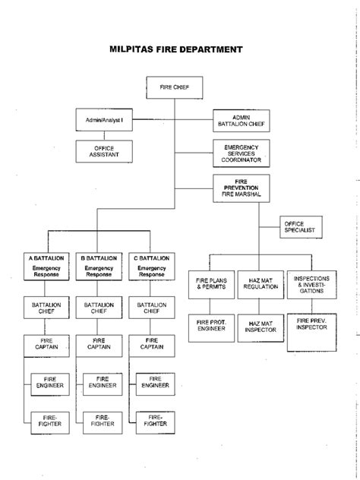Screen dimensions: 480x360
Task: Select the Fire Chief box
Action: click(x=176, y=88)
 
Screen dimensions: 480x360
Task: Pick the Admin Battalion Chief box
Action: click(x=241, y=120)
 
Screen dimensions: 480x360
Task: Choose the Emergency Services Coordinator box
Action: click(x=241, y=152)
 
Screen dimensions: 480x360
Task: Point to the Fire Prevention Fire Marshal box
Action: click(x=241, y=188)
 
